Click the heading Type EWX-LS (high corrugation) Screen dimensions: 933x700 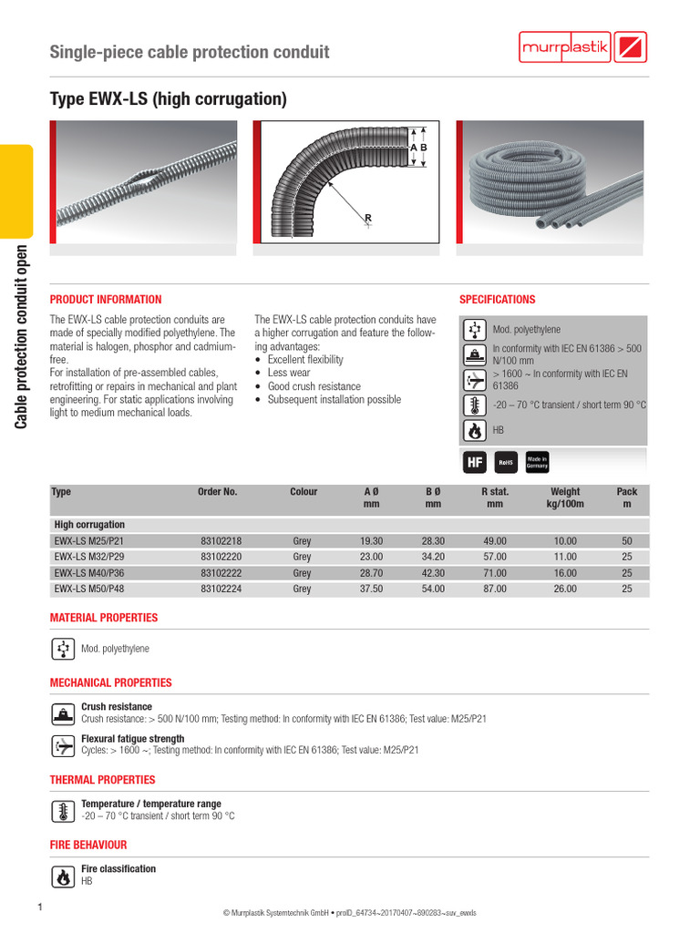(168, 98)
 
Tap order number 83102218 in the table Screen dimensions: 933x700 (221, 541)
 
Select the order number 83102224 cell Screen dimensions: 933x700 (221, 590)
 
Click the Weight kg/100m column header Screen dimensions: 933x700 (565, 497)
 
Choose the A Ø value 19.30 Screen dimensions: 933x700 (371, 541)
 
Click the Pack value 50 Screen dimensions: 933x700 (626, 541)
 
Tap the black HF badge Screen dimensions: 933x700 (474, 463)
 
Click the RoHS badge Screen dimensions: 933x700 (505, 463)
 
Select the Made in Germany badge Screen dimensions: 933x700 (536, 463)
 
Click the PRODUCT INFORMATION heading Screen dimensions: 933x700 (106, 300)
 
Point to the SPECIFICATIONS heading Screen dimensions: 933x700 (497, 300)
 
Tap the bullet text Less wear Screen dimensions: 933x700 (289, 373)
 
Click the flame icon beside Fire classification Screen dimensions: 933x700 (63, 876)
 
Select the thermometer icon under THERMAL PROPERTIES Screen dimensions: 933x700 (63, 810)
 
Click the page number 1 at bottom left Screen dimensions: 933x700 (40, 907)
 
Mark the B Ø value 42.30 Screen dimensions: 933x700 (433, 573)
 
